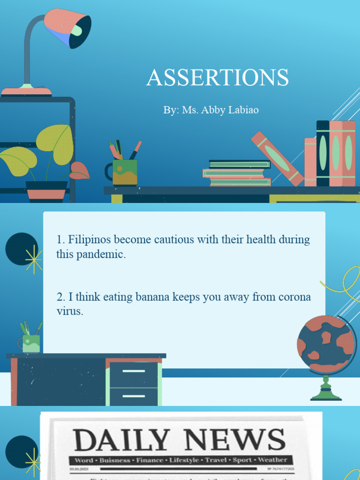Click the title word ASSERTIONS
[x=217, y=78]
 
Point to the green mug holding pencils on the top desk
[x=124, y=172]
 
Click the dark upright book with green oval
[x=322, y=153]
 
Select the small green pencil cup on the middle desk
[x=31, y=343]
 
